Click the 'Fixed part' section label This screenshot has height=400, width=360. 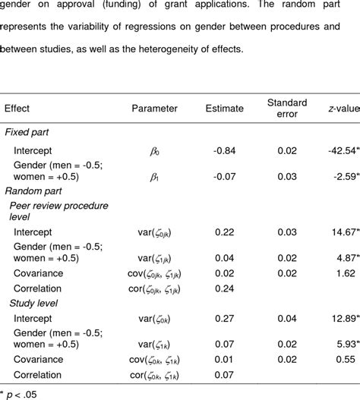[x=29, y=132]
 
